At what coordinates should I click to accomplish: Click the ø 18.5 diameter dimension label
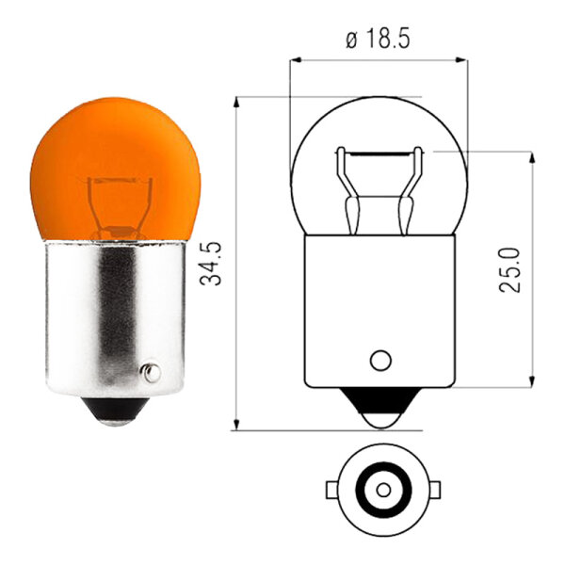coord(379,40)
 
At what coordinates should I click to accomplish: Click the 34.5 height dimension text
coord(217,264)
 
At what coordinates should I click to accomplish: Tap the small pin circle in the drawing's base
coord(380,360)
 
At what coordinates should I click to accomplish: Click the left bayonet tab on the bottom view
coord(332,490)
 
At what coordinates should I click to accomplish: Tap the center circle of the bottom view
coord(381,490)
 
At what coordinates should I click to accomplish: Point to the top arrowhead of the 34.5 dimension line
coord(236,101)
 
